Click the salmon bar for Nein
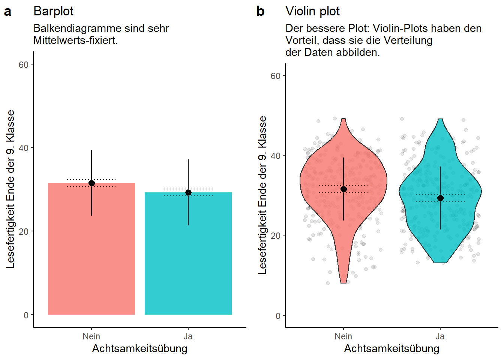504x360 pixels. pyautogui.click(x=91, y=255)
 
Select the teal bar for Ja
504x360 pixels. pyautogui.click(x=188, y=259)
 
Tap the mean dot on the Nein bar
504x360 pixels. pyautogui.click(x=91, y=183)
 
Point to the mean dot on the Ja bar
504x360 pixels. pyautogui.click(x=188, y=192)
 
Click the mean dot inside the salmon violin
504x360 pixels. pyautogui.click(x=343, y=189)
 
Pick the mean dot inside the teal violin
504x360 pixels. pyautogui.click(x=440, y=198)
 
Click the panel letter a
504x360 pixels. pyautogui.click(x=7, y=12)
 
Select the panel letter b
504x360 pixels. pyautogui.click(x=260, y=12)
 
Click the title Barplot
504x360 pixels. pyautogui.click(x=53, y=11)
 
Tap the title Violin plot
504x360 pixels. pyautogui.click(x=312, y=11)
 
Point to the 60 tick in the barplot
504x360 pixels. pyautogui.click(x=24, y=64)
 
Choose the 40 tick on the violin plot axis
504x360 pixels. pyautogui.click(x=276, y=156)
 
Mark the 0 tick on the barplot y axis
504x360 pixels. pyautogui.click(x=26, y=315)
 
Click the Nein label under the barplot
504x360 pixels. pyautogui.click(x=91, y=336)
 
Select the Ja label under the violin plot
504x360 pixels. pyautogui.click(x=440, y=336)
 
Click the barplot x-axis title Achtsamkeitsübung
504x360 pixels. pyautogui.click(x=140, y=349)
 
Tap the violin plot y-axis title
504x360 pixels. pyautogui.click(x=262, y=195)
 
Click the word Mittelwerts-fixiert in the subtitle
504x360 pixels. pyautogui.click(x=75, y=40)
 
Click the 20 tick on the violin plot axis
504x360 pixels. pyautogui.click(x=276, y=235)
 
